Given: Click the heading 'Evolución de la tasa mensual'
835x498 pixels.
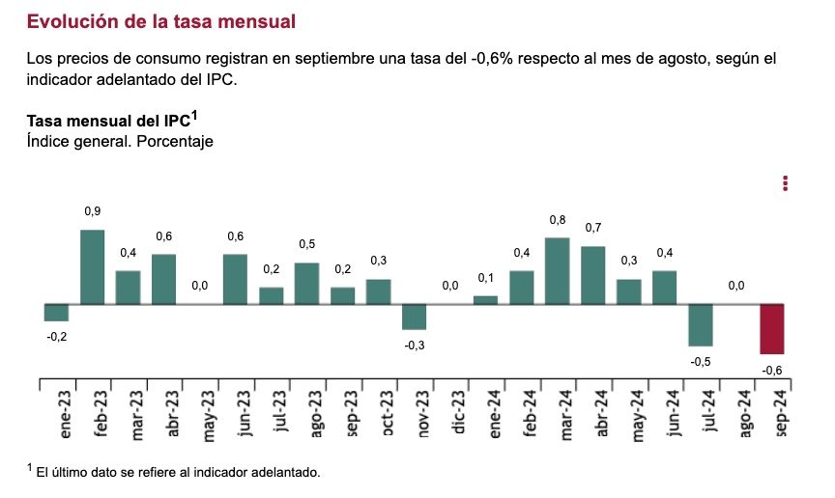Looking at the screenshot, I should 161,20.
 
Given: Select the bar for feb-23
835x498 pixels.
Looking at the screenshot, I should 92,266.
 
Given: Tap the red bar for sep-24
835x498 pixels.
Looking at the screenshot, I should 772,329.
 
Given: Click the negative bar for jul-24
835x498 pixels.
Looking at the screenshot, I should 701,325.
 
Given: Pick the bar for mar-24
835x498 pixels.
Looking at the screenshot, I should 557,270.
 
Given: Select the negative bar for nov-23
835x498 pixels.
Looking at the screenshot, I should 414,317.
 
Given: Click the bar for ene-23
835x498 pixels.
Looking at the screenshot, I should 56,312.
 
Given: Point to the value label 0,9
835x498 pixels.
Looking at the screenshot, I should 92,211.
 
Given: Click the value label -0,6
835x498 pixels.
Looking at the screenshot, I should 772,371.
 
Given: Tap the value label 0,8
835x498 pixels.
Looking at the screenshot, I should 557,219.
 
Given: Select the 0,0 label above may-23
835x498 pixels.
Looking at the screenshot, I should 199,286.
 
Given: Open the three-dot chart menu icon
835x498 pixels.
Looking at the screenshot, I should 786,182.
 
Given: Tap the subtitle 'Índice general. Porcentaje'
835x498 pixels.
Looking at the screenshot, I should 120,142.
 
